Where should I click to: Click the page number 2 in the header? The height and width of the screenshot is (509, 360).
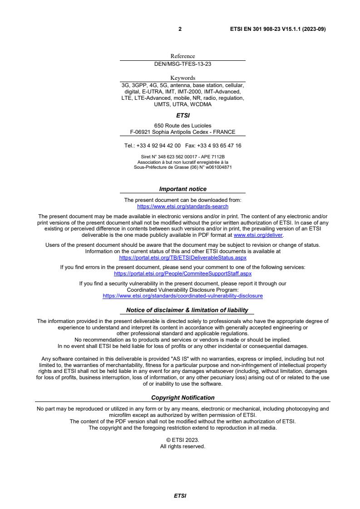coord(180,29)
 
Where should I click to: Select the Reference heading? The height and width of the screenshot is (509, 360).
coord(182,56)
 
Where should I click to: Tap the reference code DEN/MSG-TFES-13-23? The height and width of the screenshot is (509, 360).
coord(182,64)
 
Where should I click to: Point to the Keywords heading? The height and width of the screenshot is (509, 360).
coord(182,78)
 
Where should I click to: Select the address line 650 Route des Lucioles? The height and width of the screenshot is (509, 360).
coord(182,126)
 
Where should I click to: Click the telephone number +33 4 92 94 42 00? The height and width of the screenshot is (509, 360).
coord(158,146)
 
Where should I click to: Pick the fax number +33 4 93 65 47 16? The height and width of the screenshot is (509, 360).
coord(223,146)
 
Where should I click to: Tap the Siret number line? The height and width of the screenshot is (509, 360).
coord(182,157)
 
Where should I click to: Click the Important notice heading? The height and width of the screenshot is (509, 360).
coord(182,189)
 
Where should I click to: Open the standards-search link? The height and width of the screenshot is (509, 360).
coord(182,206)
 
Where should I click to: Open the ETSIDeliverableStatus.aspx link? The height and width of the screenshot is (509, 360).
coord(182,257)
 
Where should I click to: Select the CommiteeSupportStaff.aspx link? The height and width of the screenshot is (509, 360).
coord(182,274)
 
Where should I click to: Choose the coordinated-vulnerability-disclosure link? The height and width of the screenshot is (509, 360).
coord(182,296)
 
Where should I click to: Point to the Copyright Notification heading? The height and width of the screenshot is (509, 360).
coord(182,398)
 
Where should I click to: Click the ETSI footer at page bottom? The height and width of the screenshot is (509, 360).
coord(180,496)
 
